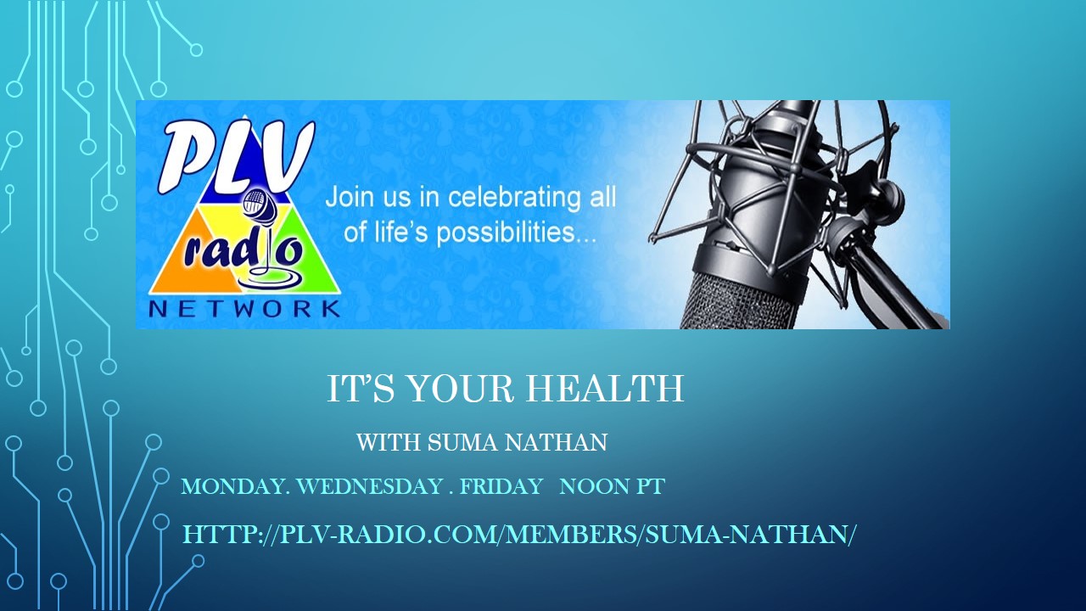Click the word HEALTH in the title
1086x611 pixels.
pos(605,389)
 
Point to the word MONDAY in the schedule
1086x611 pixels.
pos(236,486)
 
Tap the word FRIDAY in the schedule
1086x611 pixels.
pos(501,486)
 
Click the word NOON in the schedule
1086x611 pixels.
pos(591,486)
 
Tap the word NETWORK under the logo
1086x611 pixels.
pos(244,309)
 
